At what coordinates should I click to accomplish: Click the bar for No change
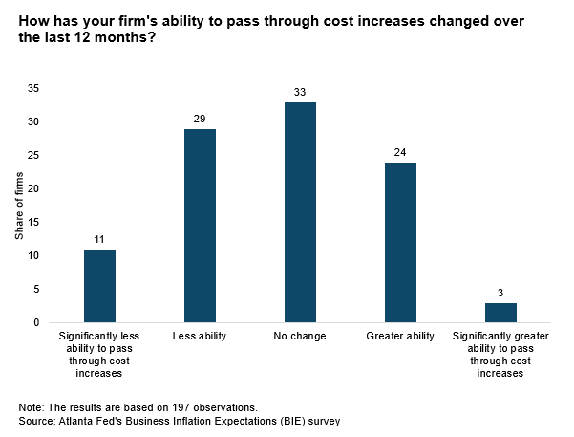pos(300,212)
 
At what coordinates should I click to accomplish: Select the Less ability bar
pos(200,226)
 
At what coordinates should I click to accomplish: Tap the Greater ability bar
pos(400,242)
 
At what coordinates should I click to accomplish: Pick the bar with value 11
pos(99,286)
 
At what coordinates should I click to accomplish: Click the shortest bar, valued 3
pos(500,313)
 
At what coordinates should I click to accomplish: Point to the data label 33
pos(300,92)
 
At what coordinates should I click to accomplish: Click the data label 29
pos(200,119)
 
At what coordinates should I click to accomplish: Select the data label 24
pos(400,152)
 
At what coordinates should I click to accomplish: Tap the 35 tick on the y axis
pos(32,88)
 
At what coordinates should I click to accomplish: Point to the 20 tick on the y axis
pos(32,188)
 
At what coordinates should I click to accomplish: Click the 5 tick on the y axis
pos(36,289)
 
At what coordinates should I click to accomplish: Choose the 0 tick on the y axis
pos(36,322)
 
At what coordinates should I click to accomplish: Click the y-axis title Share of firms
pos(19,206)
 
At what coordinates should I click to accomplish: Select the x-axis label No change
pos(300,337)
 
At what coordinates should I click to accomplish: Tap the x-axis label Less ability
pos(200,337)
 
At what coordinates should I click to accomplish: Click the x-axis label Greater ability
pos(400,337)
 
